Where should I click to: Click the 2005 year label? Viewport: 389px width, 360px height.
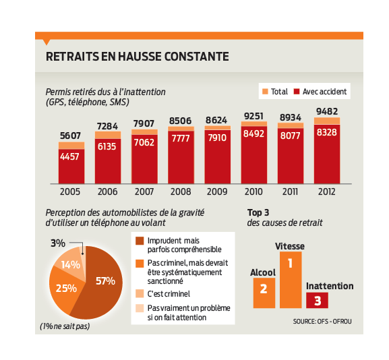[x=70, y=191]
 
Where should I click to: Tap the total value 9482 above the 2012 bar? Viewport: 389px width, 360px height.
[x=327, y=112]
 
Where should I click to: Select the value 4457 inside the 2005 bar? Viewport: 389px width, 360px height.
[x=69, y=156]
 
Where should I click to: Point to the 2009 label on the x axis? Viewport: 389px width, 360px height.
[x=217, y=191]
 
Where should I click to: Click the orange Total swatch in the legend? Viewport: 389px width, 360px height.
[x=265, y=92]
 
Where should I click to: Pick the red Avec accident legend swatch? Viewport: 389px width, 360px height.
[x=297, y=92]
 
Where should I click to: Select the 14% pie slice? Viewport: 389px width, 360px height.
[x=69, y=260]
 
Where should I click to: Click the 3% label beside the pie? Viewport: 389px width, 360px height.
[x=58, y=243]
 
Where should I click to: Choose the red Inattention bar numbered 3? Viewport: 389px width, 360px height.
[x=317, y=301]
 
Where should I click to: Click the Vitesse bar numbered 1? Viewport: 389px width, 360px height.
[x=291, y=280]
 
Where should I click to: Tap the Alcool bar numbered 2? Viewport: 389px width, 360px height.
[x=264, y=293]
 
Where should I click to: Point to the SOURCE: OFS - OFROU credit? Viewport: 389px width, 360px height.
[x=322, y=322]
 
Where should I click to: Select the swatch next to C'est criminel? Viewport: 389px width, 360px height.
[x=140, y=293]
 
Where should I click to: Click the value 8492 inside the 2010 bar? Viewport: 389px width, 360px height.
[x=253, y=133]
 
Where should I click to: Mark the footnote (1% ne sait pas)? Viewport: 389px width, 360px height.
[x=65, y=326]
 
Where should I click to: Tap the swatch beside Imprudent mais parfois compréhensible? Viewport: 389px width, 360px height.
[x=140, y=241]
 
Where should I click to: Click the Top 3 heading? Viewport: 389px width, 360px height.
[x=258, y=213]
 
